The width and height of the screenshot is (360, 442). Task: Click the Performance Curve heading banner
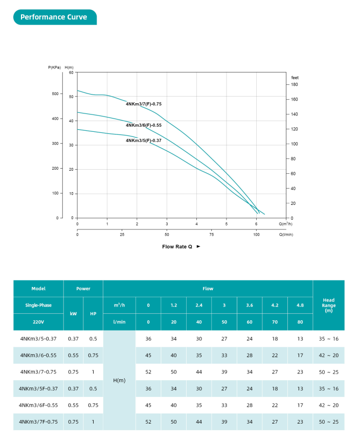(x=54, y=17)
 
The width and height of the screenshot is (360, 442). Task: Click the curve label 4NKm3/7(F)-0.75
(x=144, y=104)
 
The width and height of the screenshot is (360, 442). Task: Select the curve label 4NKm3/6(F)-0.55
(x=144, y=125)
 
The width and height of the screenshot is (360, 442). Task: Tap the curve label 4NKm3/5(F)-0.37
(x=144, y=140)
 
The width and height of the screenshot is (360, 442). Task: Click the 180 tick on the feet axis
(x=295, y=84)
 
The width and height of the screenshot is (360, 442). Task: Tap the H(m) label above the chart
(x=70, y=67)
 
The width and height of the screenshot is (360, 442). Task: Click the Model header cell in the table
(x=38, y=289)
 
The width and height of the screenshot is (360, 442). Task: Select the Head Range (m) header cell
(x=329, y=305)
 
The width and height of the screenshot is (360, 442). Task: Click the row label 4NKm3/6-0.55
(x=38, y=355)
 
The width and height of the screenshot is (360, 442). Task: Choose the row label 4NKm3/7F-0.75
(x=38, y=422)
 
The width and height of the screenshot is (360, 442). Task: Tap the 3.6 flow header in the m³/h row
(x=250, y=305)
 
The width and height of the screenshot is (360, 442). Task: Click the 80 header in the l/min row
(x=300, y=322)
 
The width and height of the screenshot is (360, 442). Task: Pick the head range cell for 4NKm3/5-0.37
(x=329, y=338)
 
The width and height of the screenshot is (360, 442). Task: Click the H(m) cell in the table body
(x=119, y=380)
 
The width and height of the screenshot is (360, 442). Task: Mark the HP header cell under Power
(x=93, y=313)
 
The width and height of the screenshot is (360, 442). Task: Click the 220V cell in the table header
(x=38, y=322)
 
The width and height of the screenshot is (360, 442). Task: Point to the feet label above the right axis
(x=295, y=77)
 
